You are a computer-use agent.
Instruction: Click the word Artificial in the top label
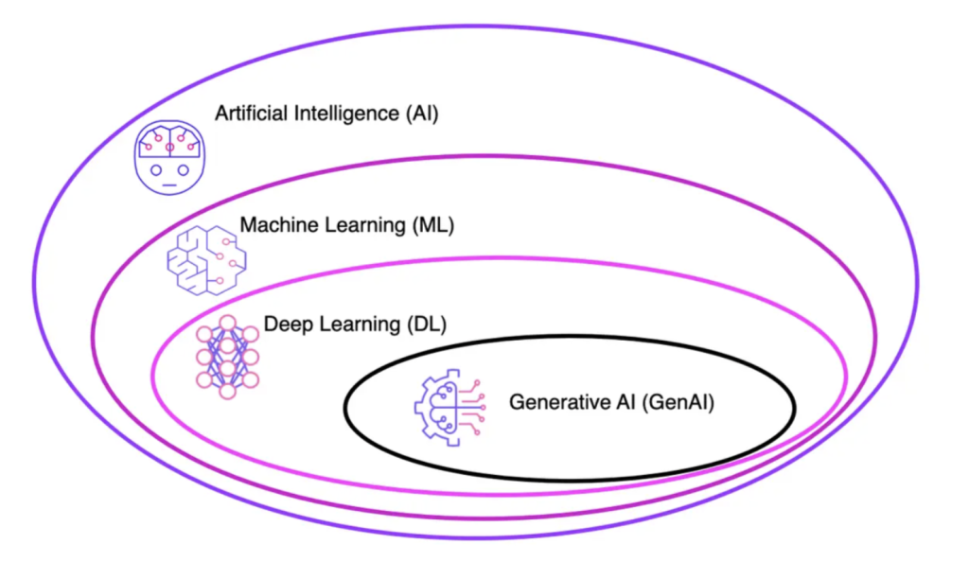248,114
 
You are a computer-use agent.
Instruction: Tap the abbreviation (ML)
428,226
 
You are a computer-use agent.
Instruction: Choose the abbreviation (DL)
424,325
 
